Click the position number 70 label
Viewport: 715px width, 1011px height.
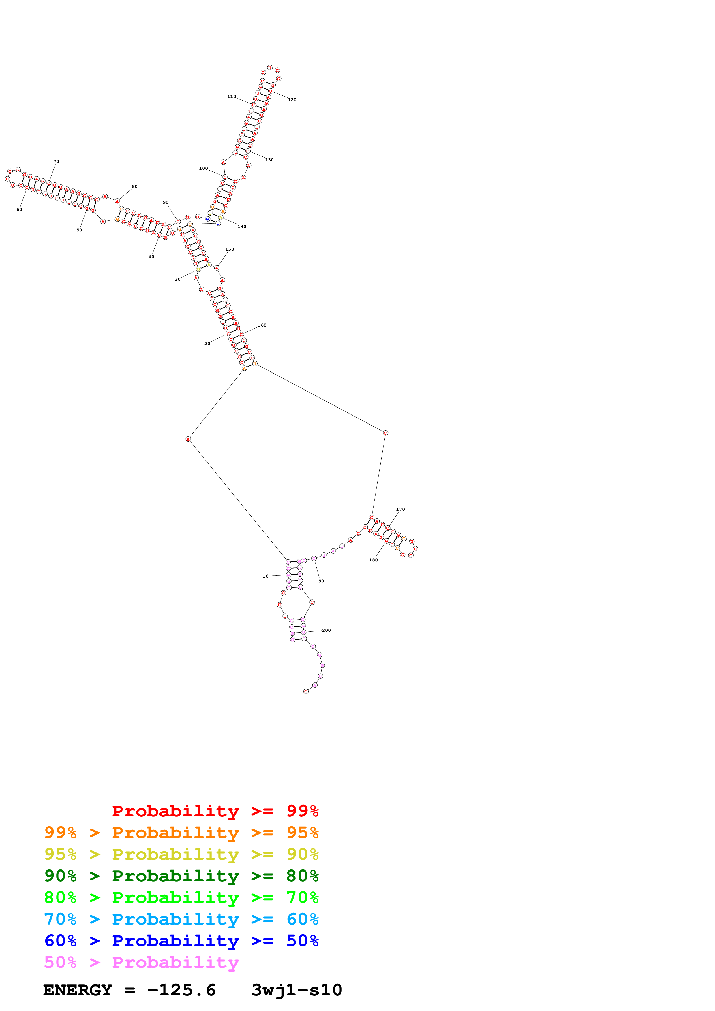56,162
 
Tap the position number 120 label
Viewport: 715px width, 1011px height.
292,100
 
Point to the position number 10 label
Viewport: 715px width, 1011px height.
265,576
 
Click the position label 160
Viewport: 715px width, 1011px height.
262,325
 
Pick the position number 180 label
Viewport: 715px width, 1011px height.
373,560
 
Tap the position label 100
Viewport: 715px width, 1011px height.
203,169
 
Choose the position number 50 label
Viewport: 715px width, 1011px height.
79,230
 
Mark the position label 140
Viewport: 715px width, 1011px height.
242,227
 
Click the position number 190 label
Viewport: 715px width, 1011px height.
320,581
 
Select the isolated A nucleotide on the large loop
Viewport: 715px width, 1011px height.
188,439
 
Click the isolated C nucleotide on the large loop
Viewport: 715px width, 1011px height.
385,433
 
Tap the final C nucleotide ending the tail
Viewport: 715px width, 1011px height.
306,691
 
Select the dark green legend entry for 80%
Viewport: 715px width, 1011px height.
181,876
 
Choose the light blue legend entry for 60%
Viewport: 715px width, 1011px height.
181,919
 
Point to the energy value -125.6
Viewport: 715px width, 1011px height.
181,990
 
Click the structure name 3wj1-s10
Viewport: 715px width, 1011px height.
296,990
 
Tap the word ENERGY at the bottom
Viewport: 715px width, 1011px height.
78,990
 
